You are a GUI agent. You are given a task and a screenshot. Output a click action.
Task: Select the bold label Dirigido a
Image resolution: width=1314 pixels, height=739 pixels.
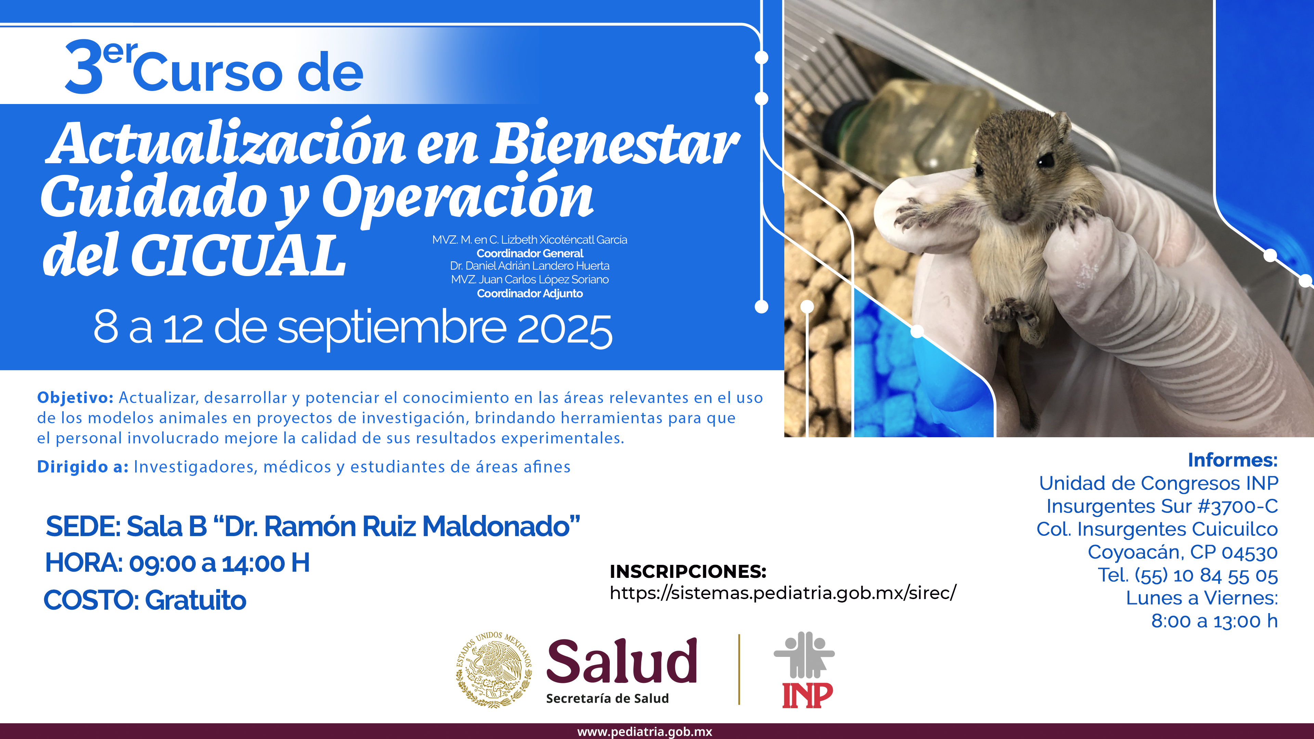point(82,467)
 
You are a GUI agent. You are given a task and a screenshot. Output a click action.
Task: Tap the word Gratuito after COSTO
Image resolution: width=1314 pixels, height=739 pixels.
point(196,600)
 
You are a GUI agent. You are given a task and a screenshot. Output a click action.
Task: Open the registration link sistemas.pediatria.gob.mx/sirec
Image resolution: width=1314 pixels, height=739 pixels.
point(783,593)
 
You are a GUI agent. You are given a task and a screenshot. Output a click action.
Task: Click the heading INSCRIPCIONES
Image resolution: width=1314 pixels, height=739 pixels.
point(687,572)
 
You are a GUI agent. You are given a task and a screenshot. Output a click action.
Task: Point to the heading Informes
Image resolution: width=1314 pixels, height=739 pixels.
point(1232,460)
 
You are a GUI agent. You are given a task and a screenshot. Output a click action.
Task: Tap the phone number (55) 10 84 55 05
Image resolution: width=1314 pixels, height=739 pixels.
point(1206,575)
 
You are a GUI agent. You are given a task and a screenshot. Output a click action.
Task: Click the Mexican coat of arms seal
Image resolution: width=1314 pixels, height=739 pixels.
point(494,669)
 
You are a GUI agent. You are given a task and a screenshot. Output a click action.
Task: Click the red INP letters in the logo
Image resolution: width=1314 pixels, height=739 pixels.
point(808,696)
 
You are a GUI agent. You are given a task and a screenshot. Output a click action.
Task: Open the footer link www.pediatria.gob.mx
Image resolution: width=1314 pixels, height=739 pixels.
point(645,732)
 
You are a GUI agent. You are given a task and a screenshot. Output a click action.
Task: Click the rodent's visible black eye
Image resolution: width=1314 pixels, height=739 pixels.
point(1046,160)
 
